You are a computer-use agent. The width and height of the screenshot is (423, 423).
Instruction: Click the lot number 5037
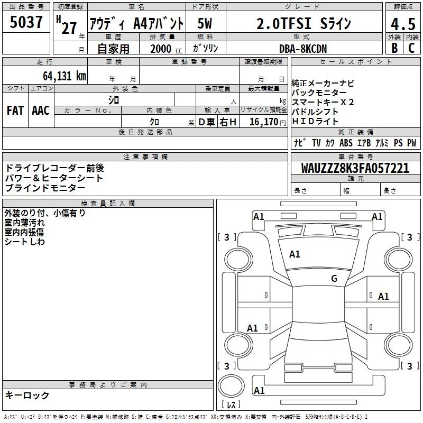tap(26, 23)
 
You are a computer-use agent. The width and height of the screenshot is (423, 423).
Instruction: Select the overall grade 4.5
tap(401, 25)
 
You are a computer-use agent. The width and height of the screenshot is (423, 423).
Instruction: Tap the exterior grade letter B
tap(394, 48)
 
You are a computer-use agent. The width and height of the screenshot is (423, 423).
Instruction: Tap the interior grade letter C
tap(411, 48)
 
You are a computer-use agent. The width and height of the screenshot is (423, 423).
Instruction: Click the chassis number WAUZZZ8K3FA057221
tap(355, 168)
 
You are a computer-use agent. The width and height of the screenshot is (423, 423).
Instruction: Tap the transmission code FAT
tap(15, 111)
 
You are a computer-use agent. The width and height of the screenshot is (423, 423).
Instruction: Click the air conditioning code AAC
tap(41, 111)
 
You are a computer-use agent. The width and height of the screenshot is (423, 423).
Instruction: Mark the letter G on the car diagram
tap(334, 278)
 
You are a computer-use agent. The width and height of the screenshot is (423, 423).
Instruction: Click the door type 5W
tap(205, 24)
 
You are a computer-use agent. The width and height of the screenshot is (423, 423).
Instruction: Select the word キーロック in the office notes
tap(27, 395)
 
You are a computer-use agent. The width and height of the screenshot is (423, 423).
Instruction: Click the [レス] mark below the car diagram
tap(231, 406)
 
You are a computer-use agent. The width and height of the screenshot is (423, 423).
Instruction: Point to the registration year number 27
tap(69, 27)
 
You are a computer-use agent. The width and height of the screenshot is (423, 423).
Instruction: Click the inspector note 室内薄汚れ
tap(25, 223)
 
